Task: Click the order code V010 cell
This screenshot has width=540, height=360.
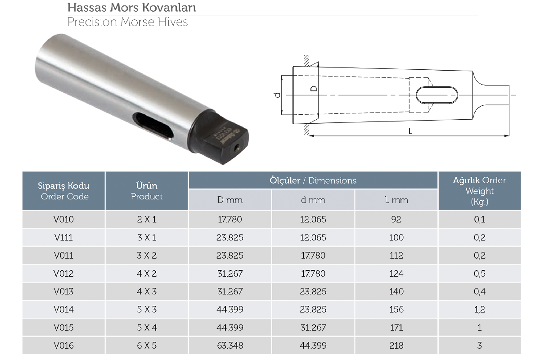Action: click(63, 219)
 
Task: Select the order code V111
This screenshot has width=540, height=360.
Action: click(63, 237)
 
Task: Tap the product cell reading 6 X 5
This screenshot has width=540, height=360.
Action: click(147, 345)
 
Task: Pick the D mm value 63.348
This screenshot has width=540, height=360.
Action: click(230, 345)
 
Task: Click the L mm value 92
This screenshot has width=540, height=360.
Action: click(396, 219)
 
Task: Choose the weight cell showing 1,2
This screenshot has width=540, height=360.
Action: click(480, 309)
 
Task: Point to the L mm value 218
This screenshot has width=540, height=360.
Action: click(396, 345)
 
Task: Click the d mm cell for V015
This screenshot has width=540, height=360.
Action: click(313, 328)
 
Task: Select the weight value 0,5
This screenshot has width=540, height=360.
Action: click(480, 274)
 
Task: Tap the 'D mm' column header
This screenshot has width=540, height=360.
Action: click(230, 200)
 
